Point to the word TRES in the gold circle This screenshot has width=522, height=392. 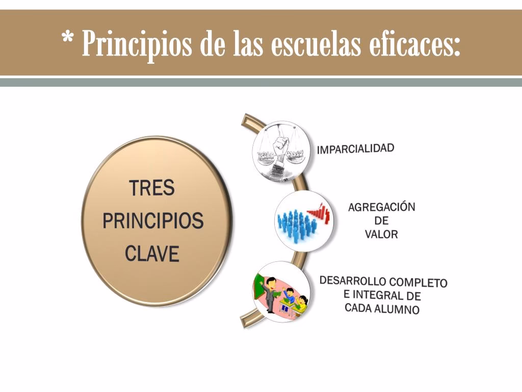point(152,188)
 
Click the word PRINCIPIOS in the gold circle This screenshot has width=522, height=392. point(153,221)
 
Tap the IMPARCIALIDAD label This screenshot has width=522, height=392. point(356,149)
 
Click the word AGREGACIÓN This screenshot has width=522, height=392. point(382,207)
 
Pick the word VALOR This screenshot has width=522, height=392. point(381,234)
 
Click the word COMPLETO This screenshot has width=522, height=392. point(418,282)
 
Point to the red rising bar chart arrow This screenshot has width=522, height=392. point(320,211)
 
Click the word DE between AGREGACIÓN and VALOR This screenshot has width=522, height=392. point(381,221)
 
